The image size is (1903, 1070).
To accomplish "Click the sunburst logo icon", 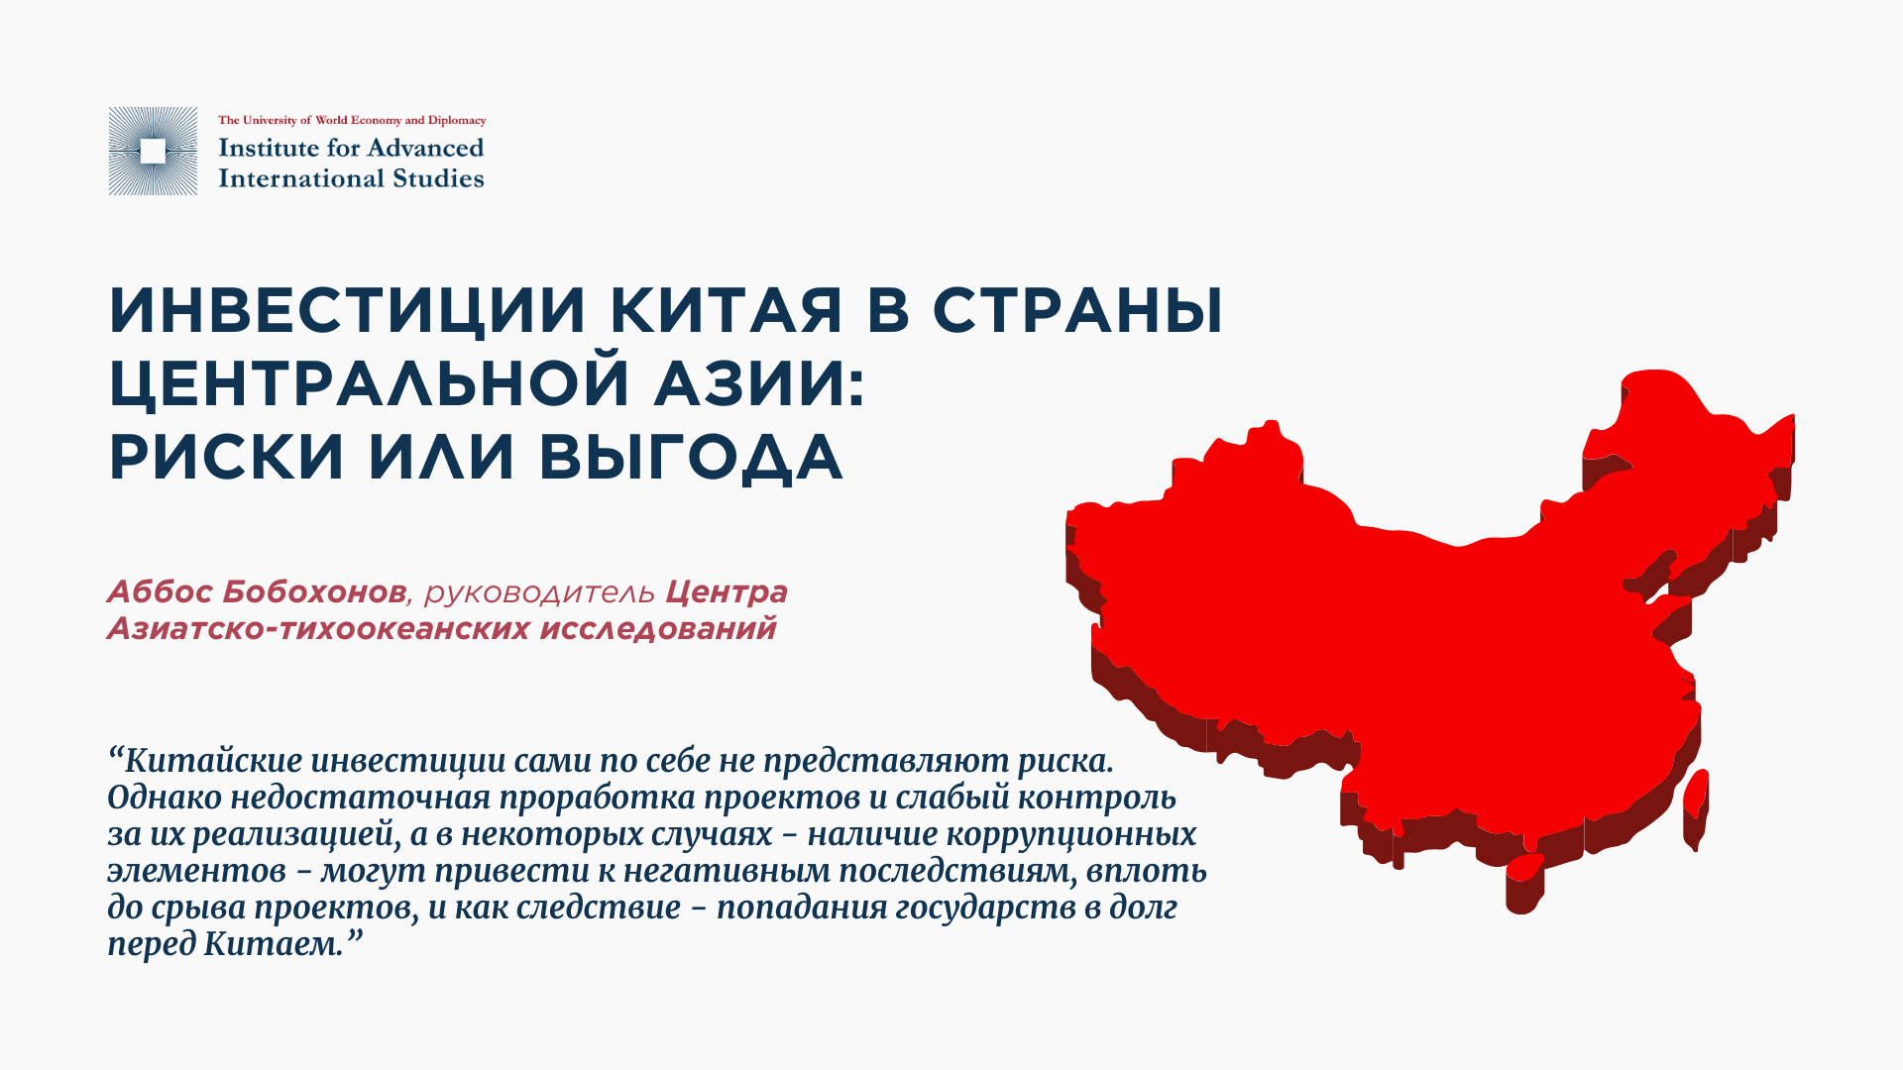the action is coord(153,151).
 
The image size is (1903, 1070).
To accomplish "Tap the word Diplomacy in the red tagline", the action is coord(457,121).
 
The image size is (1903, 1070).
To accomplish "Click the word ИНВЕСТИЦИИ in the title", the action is coord(348,311).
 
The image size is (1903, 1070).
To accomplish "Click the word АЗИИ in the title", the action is coord(759,382).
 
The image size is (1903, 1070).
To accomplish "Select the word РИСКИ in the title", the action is coord(226,457).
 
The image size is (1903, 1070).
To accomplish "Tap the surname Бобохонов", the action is coord(314,591).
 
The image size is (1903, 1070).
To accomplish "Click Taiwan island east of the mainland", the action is coord(1696,808).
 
